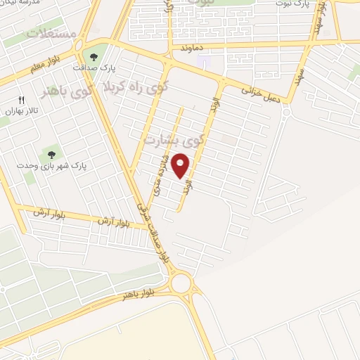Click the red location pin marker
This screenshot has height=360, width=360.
[181, 165]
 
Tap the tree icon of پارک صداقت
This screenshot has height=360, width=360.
[94, 57]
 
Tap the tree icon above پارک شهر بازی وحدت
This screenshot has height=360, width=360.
[51, 154]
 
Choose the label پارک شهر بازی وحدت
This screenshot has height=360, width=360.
[50, 166]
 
